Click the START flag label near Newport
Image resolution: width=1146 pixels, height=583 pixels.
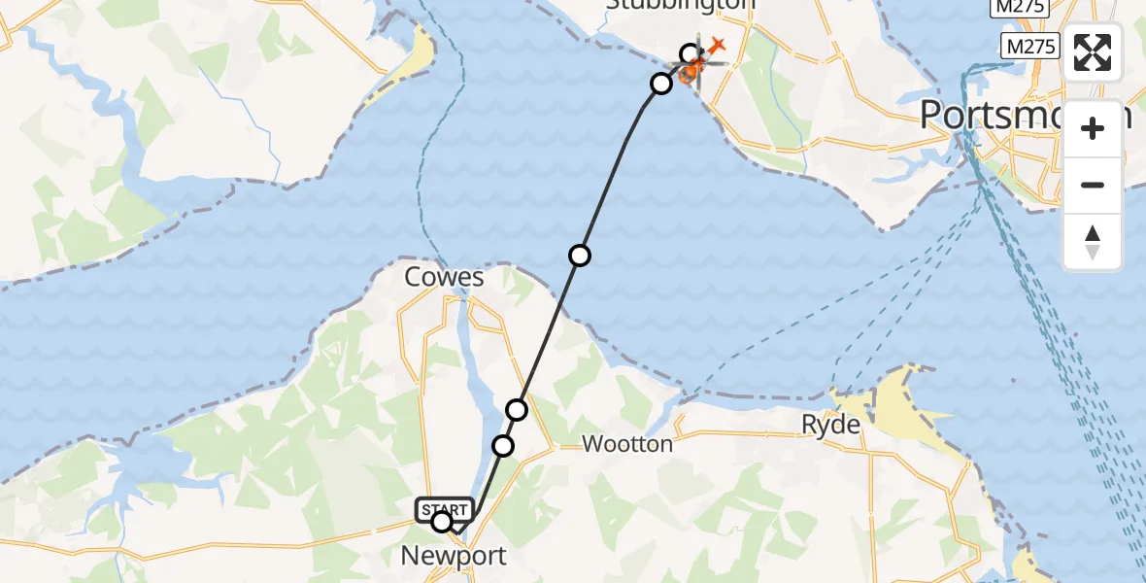[x=445, y=509]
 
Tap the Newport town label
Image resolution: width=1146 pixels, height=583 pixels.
[x=455, y=557]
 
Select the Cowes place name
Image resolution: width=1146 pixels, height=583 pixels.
[x=444, y=278]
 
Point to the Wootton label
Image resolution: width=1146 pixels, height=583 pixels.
[x=627, y=444]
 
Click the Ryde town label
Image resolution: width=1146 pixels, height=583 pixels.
[x=830, y=425]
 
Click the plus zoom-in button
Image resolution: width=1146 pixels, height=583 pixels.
[x=1093, y=128]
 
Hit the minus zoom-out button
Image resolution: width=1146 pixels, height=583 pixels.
[x=1093, y=185]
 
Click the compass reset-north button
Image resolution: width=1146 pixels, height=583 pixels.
[x=1093, y=242]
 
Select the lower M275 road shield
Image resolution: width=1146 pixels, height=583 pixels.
[x=1030, y=45]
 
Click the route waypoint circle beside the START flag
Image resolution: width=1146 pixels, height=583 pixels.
[x=442, y=523]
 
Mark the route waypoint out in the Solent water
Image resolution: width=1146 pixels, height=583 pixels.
[x=580, y=256]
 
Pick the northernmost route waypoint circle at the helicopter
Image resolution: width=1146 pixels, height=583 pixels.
[x=691, y=53]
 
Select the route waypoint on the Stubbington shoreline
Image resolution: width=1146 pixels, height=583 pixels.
[x=661, y=84]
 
